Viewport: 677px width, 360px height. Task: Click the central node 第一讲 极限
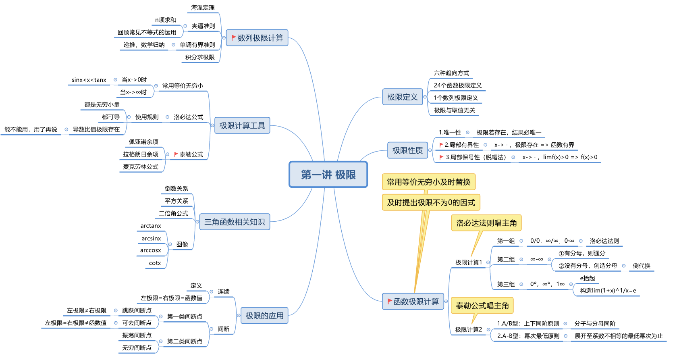click(x=328, y=175)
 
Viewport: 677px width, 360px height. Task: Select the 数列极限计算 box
click(x=257, y=38)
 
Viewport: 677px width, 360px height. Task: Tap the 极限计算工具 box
click(x=242, y=126)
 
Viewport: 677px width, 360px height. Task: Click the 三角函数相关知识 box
click(x=235, y=222)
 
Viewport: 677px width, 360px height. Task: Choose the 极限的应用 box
click(x=264, y=316)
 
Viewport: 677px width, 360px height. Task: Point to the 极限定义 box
click(x=402, y=97)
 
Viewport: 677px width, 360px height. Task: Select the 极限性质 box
click(x=407, y=150)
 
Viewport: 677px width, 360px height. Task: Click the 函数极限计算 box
click(x=413, y=302)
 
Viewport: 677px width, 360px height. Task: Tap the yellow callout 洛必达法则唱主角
click(x=486, y=223)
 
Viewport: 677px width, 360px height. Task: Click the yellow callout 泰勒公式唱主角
click(x=482, y=306)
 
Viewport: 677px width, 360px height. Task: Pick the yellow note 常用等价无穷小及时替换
click(x=428, y=182)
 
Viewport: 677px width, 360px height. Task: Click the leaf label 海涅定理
click(x=203, y=8)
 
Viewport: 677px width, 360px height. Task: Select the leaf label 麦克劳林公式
click(x=141, y=167)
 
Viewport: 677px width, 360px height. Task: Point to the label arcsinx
click(x=151, y=239)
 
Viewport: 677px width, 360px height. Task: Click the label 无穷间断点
click(x=137, y=348)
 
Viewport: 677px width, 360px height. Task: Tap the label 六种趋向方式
click(x=451, y=73)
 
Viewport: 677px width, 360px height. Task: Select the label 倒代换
click(x=642, y=266)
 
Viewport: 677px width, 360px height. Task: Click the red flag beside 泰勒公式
click(x=176, y=154)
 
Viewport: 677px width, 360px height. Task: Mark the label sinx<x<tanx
click(x=89, y=80)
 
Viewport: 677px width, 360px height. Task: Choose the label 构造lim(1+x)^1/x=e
click(x=608, y=291)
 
